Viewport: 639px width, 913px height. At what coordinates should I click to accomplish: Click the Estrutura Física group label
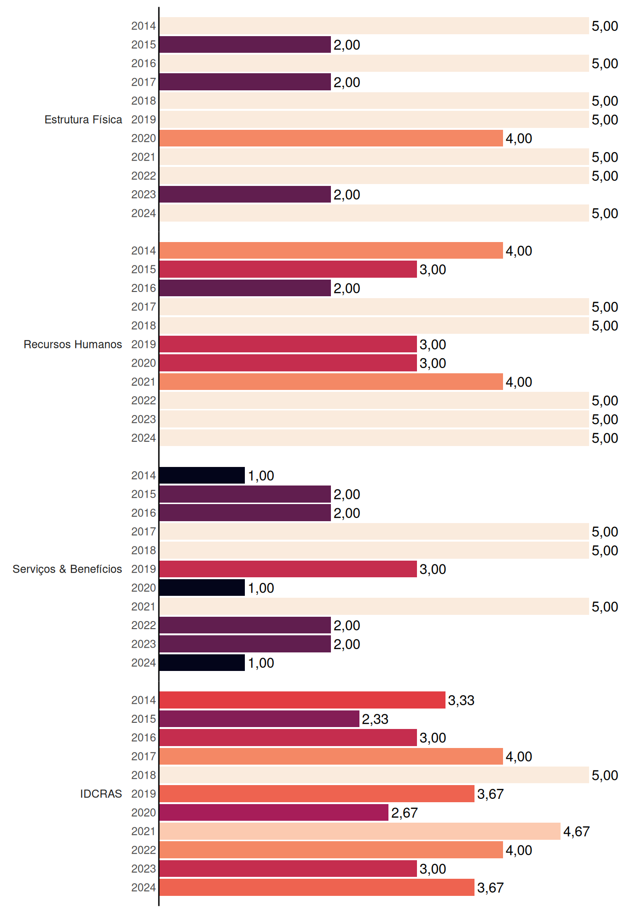point(83,119)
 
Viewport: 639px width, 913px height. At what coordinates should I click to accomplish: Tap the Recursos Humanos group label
point(73,344)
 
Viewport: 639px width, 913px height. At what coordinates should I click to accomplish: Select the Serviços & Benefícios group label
point(67,569)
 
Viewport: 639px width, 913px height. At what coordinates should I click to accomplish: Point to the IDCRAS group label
point(101,794)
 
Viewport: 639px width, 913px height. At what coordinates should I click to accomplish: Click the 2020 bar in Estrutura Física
point(331,138)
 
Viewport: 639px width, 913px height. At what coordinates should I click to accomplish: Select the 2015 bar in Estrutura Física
point(245,45)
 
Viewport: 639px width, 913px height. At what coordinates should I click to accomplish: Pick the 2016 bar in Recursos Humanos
point(245,288)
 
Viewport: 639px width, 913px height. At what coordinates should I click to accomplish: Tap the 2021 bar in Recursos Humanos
point(331,382)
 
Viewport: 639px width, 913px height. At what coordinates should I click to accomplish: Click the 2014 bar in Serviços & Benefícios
point(202,476)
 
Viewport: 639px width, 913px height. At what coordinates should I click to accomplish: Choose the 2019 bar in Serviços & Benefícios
point(288,569)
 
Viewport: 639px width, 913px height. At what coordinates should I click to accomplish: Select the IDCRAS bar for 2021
point(360,831)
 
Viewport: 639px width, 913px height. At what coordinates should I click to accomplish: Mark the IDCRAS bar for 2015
point(259,719)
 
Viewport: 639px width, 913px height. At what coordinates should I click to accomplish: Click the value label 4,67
point(576,832)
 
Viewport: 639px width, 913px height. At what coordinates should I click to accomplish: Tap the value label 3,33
point(461,700)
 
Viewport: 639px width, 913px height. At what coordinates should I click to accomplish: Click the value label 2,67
point(404,813)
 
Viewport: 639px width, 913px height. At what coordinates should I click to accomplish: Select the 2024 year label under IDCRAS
point(144,888)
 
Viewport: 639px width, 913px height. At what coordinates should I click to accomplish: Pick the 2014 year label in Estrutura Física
point(144,26)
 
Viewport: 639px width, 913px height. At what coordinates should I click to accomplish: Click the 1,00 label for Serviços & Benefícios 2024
point(261,663)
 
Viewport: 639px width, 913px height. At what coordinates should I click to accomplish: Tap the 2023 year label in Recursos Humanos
point(144,419)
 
